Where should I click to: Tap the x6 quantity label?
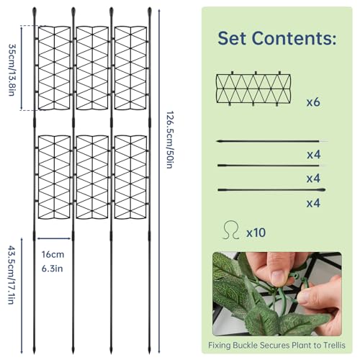coord(312,102)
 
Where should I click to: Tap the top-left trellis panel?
coord(55,68)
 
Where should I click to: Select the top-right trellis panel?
coord(131,68)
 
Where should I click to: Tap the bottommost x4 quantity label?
coord(312,204)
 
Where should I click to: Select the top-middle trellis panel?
coord(93,68)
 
